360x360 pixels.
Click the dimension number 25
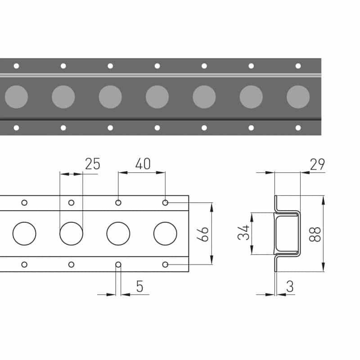coord(92,164)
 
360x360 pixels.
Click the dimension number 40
coord(143,164)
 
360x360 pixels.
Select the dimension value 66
coord(205,234)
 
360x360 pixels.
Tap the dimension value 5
coord(139,287)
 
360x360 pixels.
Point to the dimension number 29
coord(317,165)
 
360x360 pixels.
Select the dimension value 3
coord(289,287)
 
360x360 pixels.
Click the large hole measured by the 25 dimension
coord(71,234)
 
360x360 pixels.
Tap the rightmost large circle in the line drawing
coord(165,234)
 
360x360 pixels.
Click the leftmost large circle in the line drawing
coord(24,234)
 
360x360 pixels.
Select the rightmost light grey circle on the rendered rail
coord(298,97)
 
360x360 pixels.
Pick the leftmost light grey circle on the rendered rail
coord(16,97)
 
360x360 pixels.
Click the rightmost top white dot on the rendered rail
coord(298,66)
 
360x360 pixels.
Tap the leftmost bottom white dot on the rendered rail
coord(16,128)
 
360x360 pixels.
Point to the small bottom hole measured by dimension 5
coord(118,264)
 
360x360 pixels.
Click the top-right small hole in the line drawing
coord(165,202)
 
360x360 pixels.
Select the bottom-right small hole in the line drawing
coord(165,264)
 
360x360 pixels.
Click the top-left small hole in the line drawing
coord(24,202)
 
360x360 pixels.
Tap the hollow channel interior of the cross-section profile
coord(287,234)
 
